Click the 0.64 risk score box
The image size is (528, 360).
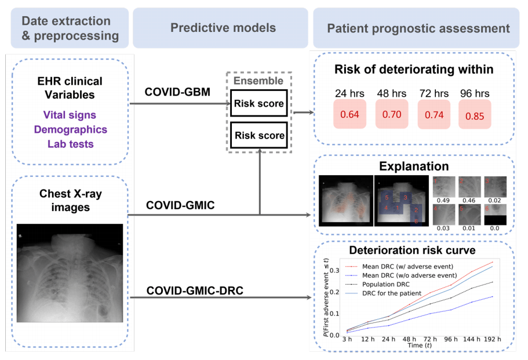click(x=350, y=114)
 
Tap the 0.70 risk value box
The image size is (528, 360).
click(x=392, y=114)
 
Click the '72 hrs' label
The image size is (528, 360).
click(x=434, y=93)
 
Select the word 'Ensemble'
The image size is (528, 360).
click(x=258, y=81)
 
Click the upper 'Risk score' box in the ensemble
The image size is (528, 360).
click(x=258, y=104)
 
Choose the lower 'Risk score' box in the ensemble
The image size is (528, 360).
click(x=258, y=136)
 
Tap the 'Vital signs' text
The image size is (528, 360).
click(x=70, y=115)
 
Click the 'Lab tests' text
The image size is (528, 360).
click(x=70, y=143)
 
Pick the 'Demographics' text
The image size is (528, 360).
click(x=70, y=129)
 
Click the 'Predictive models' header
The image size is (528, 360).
click(x=223, y=27)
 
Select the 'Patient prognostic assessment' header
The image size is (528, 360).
click(x=418, y=28)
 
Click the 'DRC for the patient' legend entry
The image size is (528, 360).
click(x=392, y=294)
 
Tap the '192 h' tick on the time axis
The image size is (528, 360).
click(x=492, y=339)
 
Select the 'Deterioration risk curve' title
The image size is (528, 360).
click(x=412, y=250)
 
